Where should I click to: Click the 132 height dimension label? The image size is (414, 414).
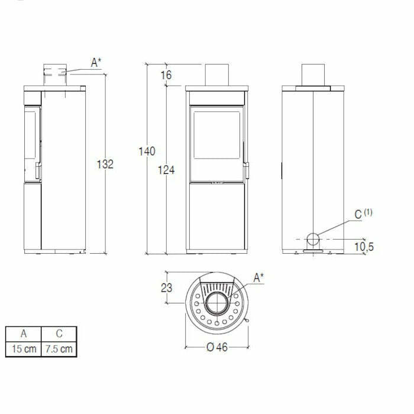[105, 164]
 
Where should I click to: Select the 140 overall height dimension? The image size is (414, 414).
[147, 151]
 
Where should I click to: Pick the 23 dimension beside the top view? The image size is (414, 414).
[166, 288]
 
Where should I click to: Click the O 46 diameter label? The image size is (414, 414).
[217, 347]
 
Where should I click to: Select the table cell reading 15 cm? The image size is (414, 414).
[23, 348]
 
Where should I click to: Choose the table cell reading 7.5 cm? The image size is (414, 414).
[59, 348]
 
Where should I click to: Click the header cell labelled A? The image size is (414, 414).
[23, 334]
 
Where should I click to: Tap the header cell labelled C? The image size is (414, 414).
[59, 334]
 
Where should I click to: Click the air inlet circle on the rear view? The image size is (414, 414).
[313, 239]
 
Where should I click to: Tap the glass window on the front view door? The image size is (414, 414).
[216, 134]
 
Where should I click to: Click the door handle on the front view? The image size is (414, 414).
[246, 169]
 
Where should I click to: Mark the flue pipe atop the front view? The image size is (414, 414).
[217, 74]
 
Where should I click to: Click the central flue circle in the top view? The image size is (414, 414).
[216, 303]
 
